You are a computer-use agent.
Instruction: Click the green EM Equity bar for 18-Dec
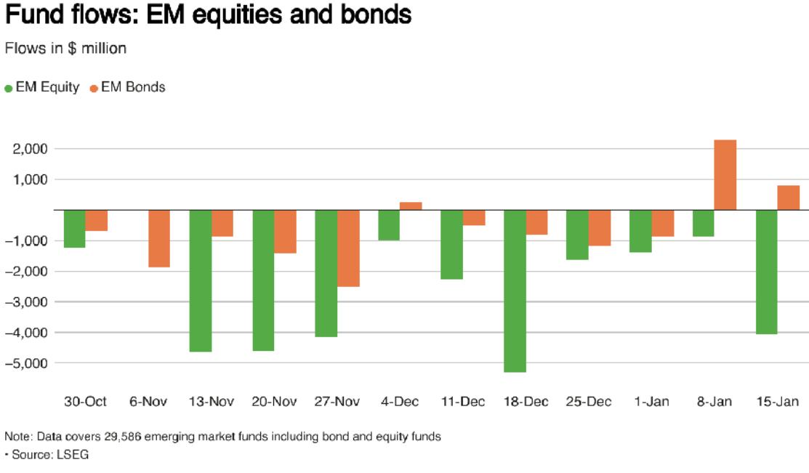pyautogui.click(x=515, y=291)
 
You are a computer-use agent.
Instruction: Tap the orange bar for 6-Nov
pyautogui.click(x=159, y=238)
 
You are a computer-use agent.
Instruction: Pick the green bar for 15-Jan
pyautogui.click(x=766, y=272)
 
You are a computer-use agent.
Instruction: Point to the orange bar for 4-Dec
pyautogui.click(x=411, y=206)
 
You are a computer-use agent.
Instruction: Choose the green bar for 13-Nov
pyautogui.click(x=201, y=280)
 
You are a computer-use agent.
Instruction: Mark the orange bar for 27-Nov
pyautogui.click(x=348, y=248)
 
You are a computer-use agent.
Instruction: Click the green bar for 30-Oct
pyautogui.click(x=75, y=229)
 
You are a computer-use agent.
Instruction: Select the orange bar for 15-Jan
pyautogui.click(x=789, y=198)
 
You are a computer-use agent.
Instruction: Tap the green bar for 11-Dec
pyautogui.click(x=452, y=245)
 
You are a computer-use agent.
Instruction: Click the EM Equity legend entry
pyautogui.click(x=42, y=87)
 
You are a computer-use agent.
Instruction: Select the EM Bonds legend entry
pyautogui.click(x=127, y=87)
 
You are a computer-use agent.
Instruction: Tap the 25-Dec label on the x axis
pyautogui.click(x=589, y=402)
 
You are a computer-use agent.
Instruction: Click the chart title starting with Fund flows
pyautogui.click(x=208, y=15)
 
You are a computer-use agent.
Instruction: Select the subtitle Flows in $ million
pyautogui.click(x=65, y=49)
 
